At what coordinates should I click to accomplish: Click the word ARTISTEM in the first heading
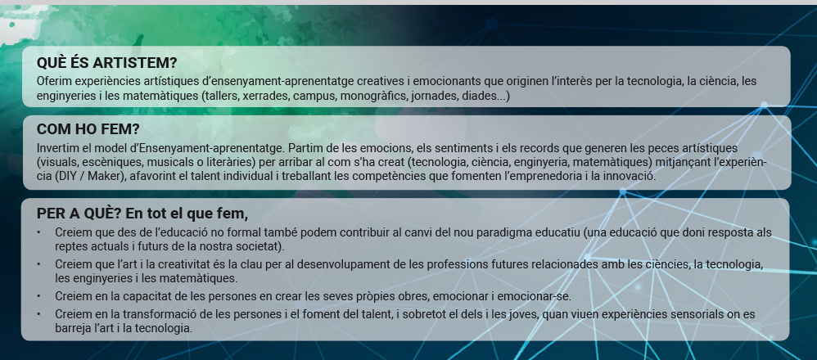tap(133, 63)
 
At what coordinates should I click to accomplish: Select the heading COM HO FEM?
tap(88, 129)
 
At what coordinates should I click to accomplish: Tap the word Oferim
tap(54, 81)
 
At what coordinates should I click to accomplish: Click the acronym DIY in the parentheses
tap(65, 176)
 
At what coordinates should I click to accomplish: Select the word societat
tap(260, 246)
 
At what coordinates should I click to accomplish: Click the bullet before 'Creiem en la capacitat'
tap(38, 296)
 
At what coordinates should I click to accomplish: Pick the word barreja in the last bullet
tap(72, 329)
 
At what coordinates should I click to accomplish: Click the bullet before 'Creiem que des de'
tap(38, 233)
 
